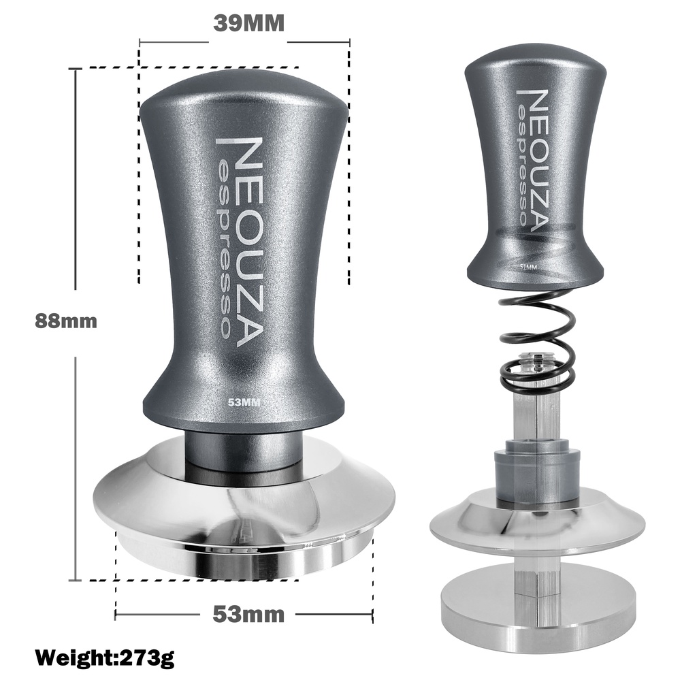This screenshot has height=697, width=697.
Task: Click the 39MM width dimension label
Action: [x=248, y=22]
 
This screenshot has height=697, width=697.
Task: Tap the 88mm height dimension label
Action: [x=66, y=321]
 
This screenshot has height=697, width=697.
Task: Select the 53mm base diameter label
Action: [x=248, y=614]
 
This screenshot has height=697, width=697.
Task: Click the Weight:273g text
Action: [x=105, y=658]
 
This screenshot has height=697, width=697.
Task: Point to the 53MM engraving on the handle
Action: [x=244, y=402]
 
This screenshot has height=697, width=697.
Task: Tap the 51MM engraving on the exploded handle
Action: [x=528, y=267]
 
